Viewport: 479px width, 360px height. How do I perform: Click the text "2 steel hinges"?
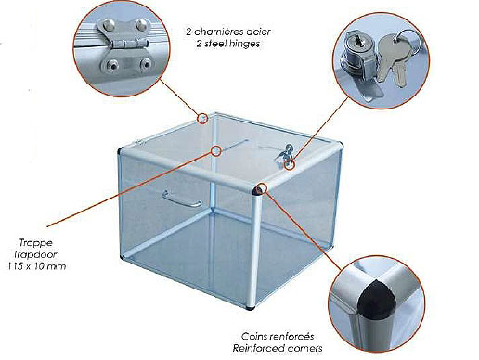228,44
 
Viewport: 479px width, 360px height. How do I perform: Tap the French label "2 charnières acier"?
228,32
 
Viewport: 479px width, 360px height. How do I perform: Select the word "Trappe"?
36,243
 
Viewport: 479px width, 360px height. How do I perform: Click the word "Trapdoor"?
35,254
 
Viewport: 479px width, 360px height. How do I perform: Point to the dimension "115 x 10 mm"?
35,266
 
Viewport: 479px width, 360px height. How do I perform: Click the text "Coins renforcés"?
278,336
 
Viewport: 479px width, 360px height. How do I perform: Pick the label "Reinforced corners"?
278,348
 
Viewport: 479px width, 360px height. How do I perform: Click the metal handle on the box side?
182,199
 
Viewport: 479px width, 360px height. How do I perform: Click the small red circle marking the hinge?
202,119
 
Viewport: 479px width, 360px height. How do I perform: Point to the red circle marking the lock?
290,164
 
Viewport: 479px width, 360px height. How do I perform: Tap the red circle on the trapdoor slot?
216,151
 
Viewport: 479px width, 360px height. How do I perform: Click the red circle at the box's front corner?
262,187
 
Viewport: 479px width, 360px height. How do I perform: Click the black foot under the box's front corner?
251,308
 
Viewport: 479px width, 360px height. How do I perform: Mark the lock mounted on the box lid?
284,154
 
